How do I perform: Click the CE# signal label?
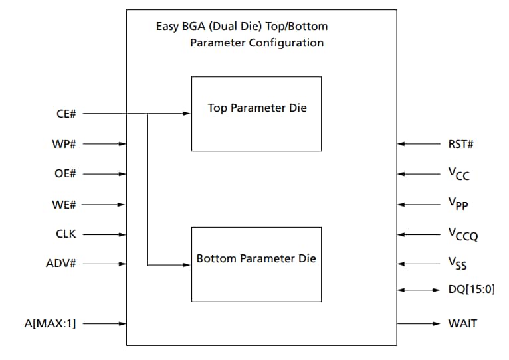tap(66, 114)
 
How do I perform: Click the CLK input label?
tap(66, 234)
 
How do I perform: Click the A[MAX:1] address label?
tap(50, 324)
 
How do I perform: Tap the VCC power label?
tap(458, 175)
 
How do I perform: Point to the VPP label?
tap(458, 205)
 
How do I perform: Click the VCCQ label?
tap(462, 235)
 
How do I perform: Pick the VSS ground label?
tap(457, 265)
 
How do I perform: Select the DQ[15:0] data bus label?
tap(472, 290)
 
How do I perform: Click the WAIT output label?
tap(462, 324)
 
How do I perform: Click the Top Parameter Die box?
tap(256, 114)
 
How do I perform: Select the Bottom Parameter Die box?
tap(256, 264)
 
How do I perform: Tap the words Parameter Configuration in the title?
tap(256, 43)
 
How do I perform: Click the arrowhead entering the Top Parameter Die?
tap(187, 114)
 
